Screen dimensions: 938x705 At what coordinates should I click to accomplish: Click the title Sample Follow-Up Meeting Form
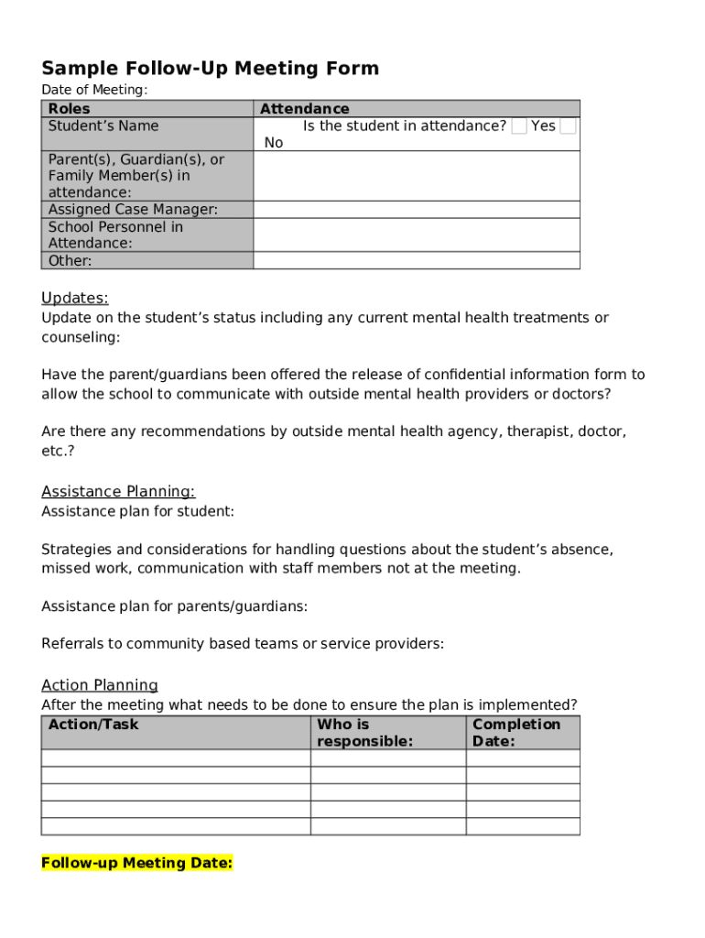210,69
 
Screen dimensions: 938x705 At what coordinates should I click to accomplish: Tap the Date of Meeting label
94,90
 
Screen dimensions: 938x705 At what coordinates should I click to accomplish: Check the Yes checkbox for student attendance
519,126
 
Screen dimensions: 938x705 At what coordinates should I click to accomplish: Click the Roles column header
70,109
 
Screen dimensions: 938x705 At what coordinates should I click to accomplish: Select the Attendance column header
305,109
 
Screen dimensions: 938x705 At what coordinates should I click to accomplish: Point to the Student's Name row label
103,126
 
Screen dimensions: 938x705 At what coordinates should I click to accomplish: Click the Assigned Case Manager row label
133,210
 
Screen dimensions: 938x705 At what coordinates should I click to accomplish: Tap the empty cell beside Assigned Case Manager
416,210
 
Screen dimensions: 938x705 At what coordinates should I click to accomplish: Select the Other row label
70,261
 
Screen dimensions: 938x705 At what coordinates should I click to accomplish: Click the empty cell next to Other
416,261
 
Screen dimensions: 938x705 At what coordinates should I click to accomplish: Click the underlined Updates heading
75,298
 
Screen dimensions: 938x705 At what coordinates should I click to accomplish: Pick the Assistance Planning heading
118,492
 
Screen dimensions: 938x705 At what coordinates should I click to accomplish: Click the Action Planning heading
100,685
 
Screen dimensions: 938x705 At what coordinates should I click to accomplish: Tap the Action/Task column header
93,725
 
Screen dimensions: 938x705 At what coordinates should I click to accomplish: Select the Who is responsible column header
364,733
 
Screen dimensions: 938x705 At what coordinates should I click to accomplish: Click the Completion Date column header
515,733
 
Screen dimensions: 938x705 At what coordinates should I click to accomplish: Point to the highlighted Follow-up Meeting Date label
137,863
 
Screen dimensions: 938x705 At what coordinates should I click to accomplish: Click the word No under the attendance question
274,143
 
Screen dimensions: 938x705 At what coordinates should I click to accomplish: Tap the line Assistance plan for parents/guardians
175,606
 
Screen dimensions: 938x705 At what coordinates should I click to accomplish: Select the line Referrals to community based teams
243,644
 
